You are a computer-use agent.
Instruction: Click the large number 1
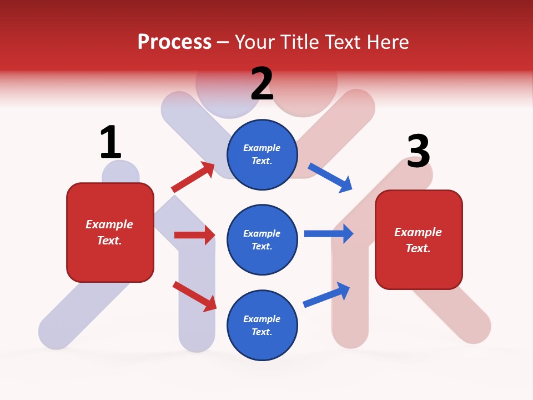pyautogui.click(x=110, y=142)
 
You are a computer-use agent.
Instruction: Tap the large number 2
pyautogui.click(x=262, y=84)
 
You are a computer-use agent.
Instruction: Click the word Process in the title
pyautogui.click(x=174, y=42)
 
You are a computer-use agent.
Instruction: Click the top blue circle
pyautogui.click(x=262, y=154)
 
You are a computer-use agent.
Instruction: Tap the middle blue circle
pyautogui.click(x=262, y=239)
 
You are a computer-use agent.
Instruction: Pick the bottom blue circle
pyautogui.click(x=262, y=325)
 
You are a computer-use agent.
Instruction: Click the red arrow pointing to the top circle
pyautogui.click(x=193, y=177)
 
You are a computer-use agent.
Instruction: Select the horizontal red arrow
pyautogui.click(x=194, y=235)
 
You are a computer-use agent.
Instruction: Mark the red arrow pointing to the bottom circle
pyautogui.click(x=194, y=296)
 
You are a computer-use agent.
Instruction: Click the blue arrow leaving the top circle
pyautogui.click(x=330, y=177)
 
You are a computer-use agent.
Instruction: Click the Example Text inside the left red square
pyautogui.click(x=109, y=232)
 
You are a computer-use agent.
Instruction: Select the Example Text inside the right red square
pyautogui.click(x=418, y=240)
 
